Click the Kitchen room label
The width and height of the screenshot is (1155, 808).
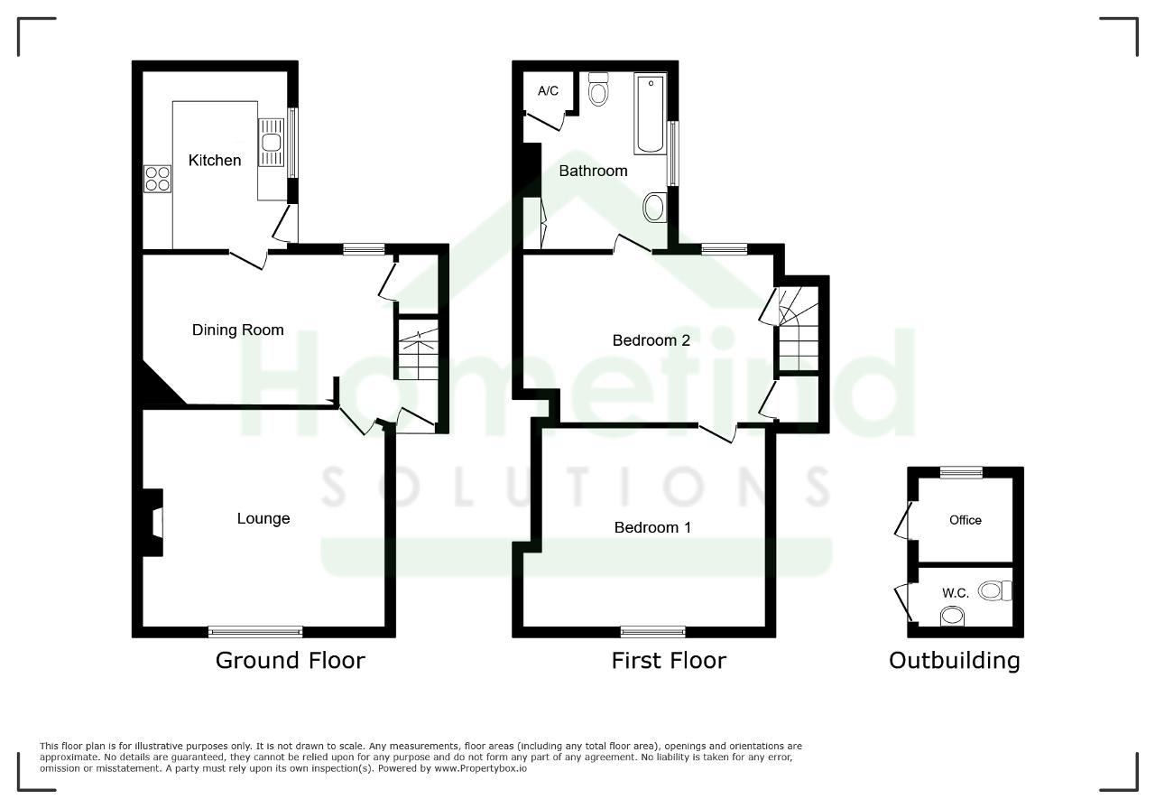point(215,161)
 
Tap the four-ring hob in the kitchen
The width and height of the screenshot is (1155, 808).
point(157,179)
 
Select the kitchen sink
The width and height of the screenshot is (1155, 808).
point(272,143)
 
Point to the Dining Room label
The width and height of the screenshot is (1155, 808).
point(237,330)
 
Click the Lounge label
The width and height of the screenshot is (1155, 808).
point(263,518)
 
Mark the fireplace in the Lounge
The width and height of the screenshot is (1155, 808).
point(153,523)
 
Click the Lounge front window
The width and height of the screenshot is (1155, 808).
point(255,631)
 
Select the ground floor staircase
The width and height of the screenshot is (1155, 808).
point(418,349)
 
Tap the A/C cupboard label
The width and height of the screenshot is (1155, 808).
point(548,91)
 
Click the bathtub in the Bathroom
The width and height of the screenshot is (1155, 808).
point(651,114)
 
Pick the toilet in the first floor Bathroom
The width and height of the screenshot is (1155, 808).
point(598,89)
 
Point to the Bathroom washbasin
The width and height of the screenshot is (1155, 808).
point(655,208)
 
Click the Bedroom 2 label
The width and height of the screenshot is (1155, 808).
point(651,340)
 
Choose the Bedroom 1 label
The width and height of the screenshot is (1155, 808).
point(652,527)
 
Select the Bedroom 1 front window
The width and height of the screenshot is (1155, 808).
point(652,631)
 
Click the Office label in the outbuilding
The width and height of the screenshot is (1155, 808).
point(966,520)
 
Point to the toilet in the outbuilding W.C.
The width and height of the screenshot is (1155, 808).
point(995,590)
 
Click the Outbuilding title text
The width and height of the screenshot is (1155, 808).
point(955,661)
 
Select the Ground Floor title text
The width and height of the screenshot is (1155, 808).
point(291,661)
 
